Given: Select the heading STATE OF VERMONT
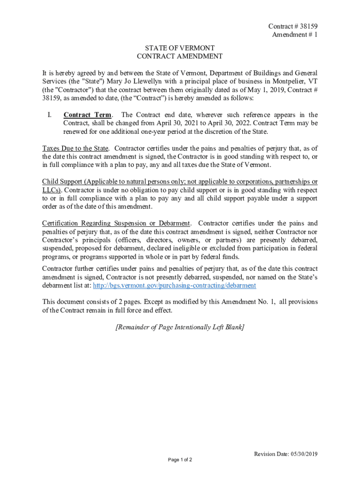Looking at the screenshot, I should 180,48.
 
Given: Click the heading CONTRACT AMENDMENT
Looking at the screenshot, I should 180,57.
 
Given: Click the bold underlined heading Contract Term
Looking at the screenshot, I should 87,115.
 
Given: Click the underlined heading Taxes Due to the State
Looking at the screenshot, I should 75,149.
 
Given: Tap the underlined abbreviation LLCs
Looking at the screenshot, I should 51,190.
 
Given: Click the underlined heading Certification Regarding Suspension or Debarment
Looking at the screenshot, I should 116,223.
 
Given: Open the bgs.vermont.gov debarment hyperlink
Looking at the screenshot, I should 174,285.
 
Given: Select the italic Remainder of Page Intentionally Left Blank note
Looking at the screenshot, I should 180,327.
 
